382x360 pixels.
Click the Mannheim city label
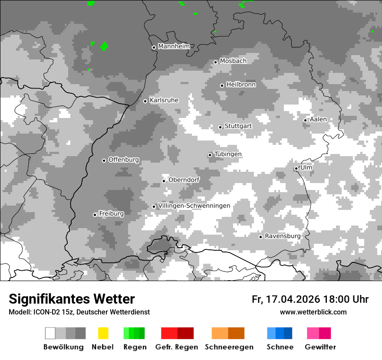pyautogui.click(x=174, y=46)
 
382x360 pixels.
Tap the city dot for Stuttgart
pyautogui.click(x=221, y=127)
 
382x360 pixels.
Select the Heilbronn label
pyautogui.click(x=241, y=85)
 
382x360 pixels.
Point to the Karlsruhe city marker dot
pyautogui.click(x=145, y=101)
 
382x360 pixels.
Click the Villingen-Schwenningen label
pyautogui.click(x=194, y=206)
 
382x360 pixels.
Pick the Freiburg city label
pyautogui.click(x=111, y=213)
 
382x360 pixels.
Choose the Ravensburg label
pyautogui.click(x=283, y=236)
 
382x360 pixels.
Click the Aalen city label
pyautogui.click(x=318, y=119)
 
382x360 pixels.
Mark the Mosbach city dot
pyautogui.click(x=215, y=62)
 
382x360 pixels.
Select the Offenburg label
pyautogui.click(x=124, y=160)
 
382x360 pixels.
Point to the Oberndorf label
pyautogui.click(x=184, y=180)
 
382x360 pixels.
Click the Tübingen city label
pyautogui.click(x=228, y=154)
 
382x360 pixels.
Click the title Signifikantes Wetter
pyautogui.click(x=72, y=299)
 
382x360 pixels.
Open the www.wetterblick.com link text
pyautogui.click(x=313, y=312)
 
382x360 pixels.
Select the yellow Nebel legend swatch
pyautogui.click(x=103, y=333)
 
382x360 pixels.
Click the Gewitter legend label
pyautogui.click(x=320, y=347)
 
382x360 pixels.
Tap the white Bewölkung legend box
pyautogui.click(x=50, y=333)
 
